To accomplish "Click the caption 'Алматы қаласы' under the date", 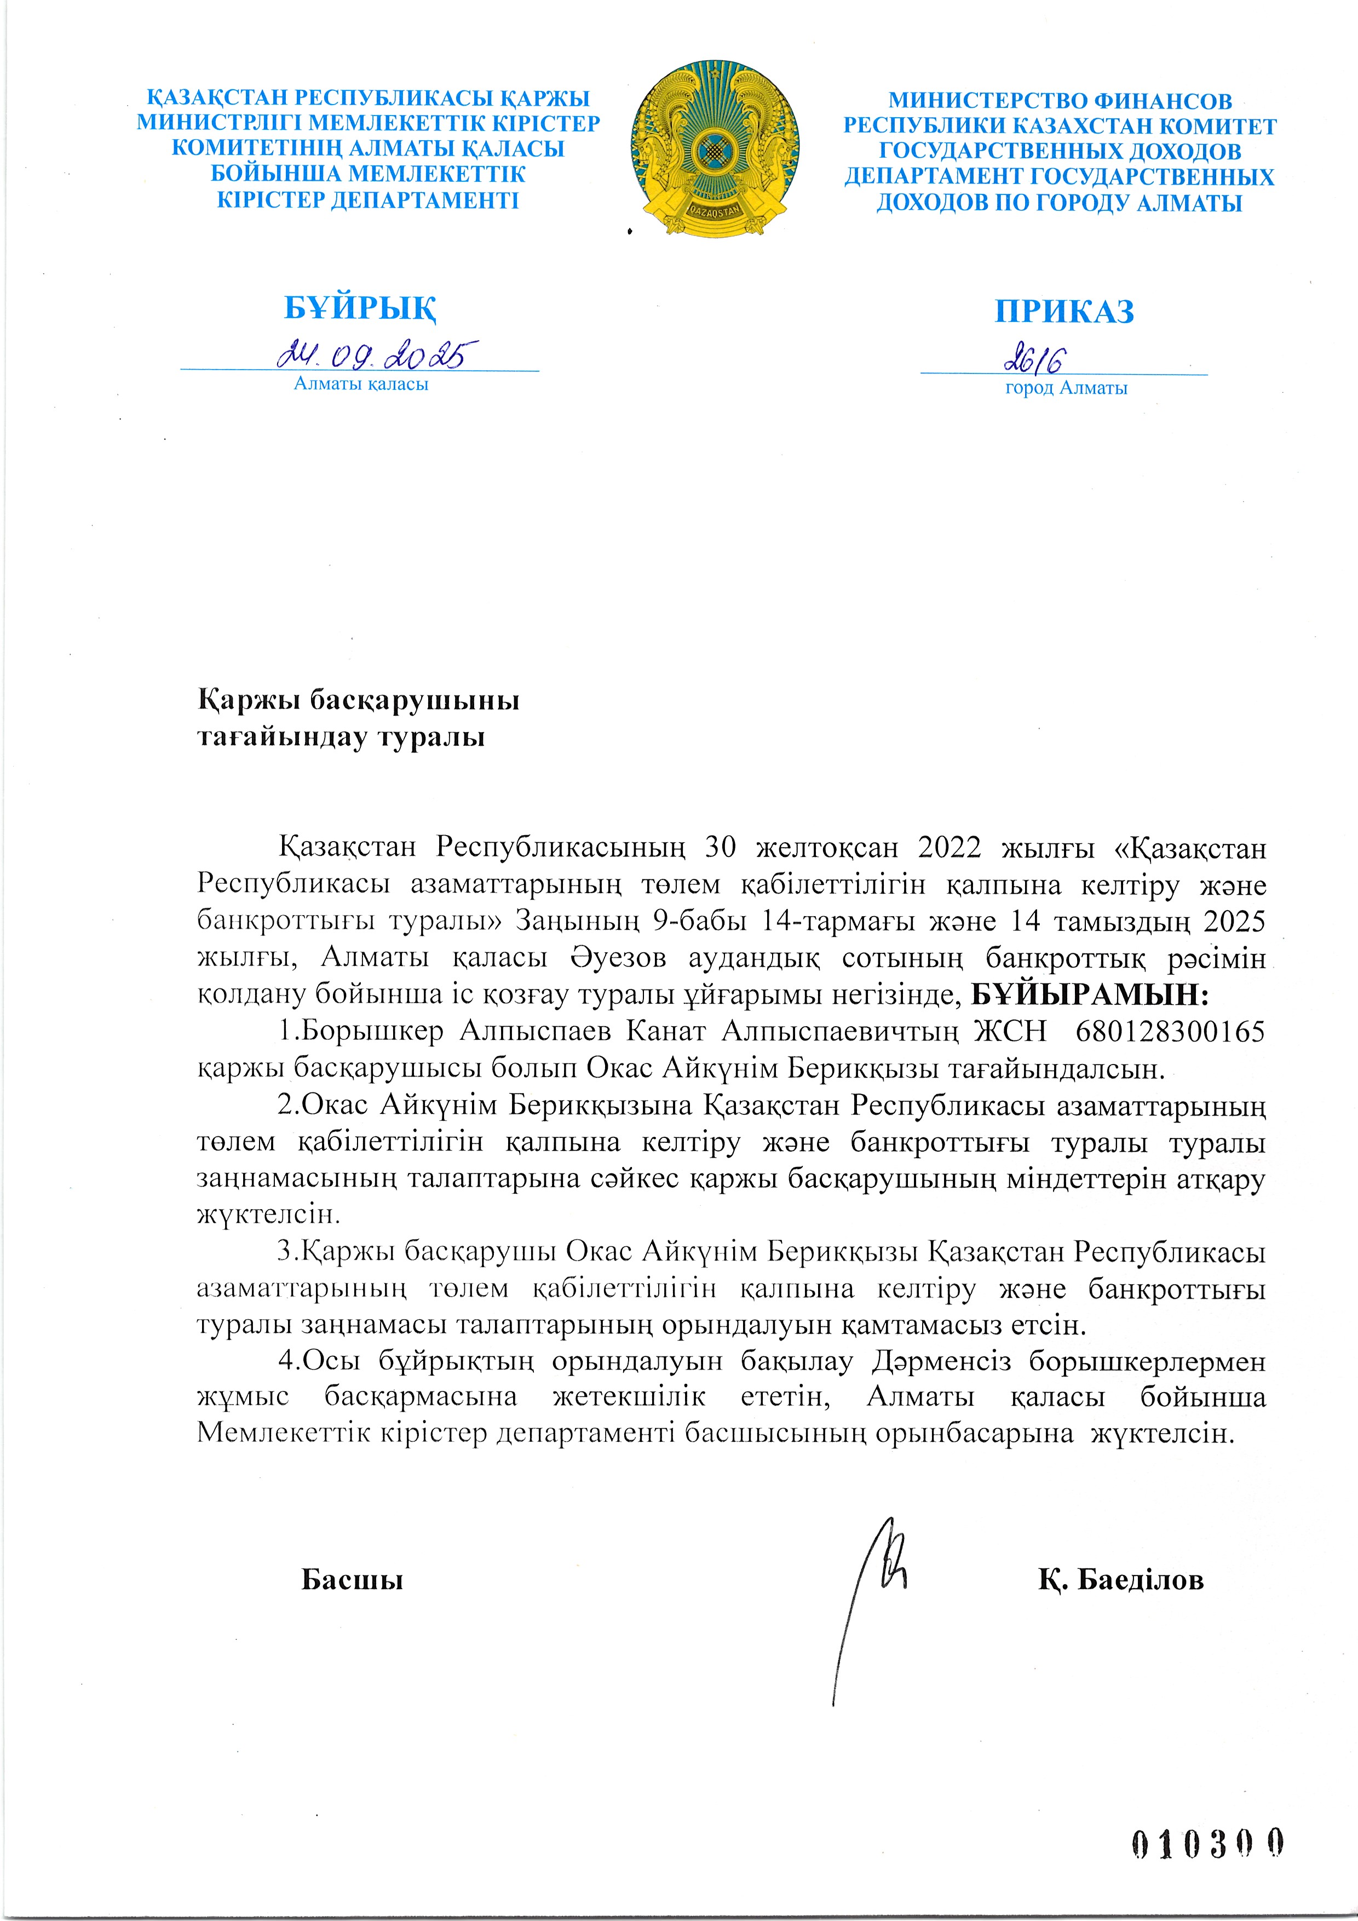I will pos(361,384).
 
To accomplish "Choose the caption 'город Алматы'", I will pos(1066,388).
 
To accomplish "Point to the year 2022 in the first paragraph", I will pos(949,848).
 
